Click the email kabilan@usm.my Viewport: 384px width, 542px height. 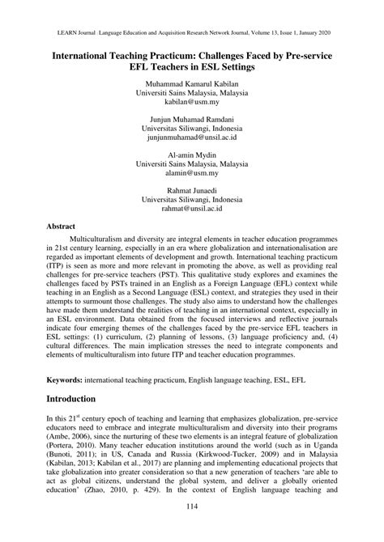(192, 104)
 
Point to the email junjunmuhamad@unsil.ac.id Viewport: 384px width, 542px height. (192, 139)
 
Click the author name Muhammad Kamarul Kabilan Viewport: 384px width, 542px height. (192, 83)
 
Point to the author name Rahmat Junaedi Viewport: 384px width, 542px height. (192, 189)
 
